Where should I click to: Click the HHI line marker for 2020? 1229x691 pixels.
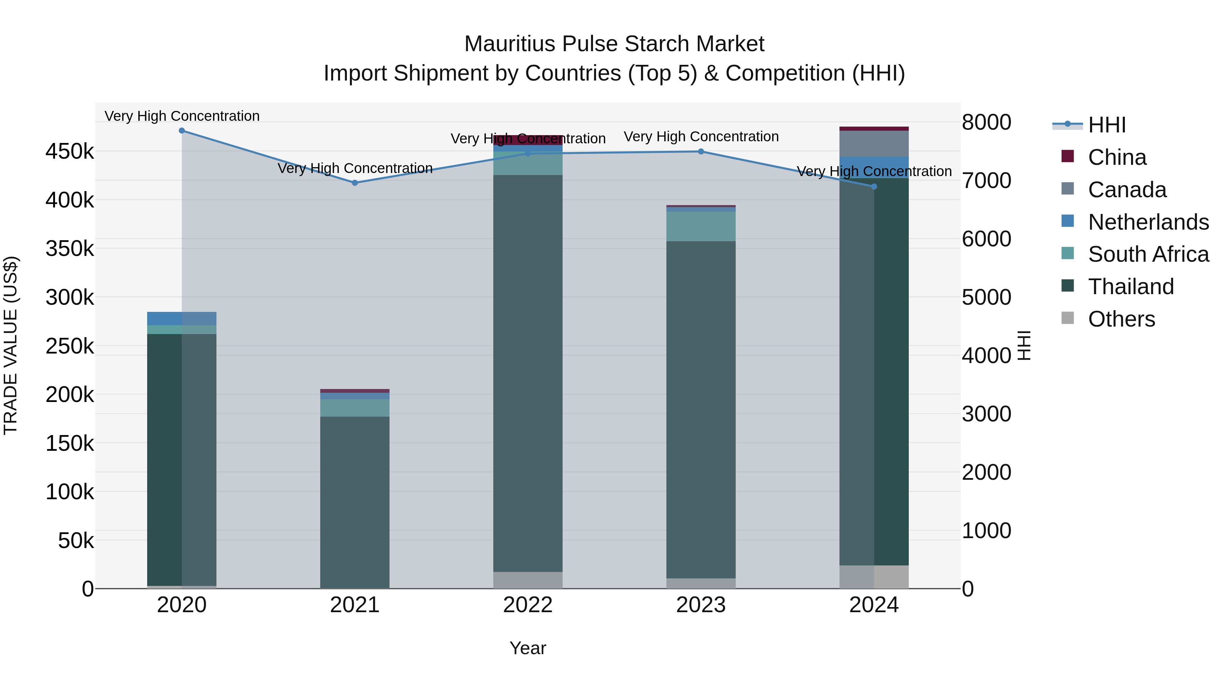coord(182,131)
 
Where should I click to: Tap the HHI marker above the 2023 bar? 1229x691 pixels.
coord(701,152)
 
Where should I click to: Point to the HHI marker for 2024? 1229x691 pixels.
coord(874,186)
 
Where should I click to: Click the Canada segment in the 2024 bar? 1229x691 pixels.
coord(874,144)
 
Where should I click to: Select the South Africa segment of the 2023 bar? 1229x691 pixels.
coord(701,227)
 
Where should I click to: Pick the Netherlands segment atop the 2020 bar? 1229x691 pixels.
coord(182,319)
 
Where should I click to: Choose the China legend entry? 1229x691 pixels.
coord(1116,157)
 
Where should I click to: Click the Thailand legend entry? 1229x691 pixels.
coord(1130,287)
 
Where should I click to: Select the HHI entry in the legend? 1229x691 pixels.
coord(1106,125)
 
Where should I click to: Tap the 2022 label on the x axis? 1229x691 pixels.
coord(528,605)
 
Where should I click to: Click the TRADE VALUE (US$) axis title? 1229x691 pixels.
coord(11,345)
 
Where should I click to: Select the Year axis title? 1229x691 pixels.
coord(528,648)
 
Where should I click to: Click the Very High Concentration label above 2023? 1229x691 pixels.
coord(701,137)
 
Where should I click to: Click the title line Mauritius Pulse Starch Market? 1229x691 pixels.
coord(614,44)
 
